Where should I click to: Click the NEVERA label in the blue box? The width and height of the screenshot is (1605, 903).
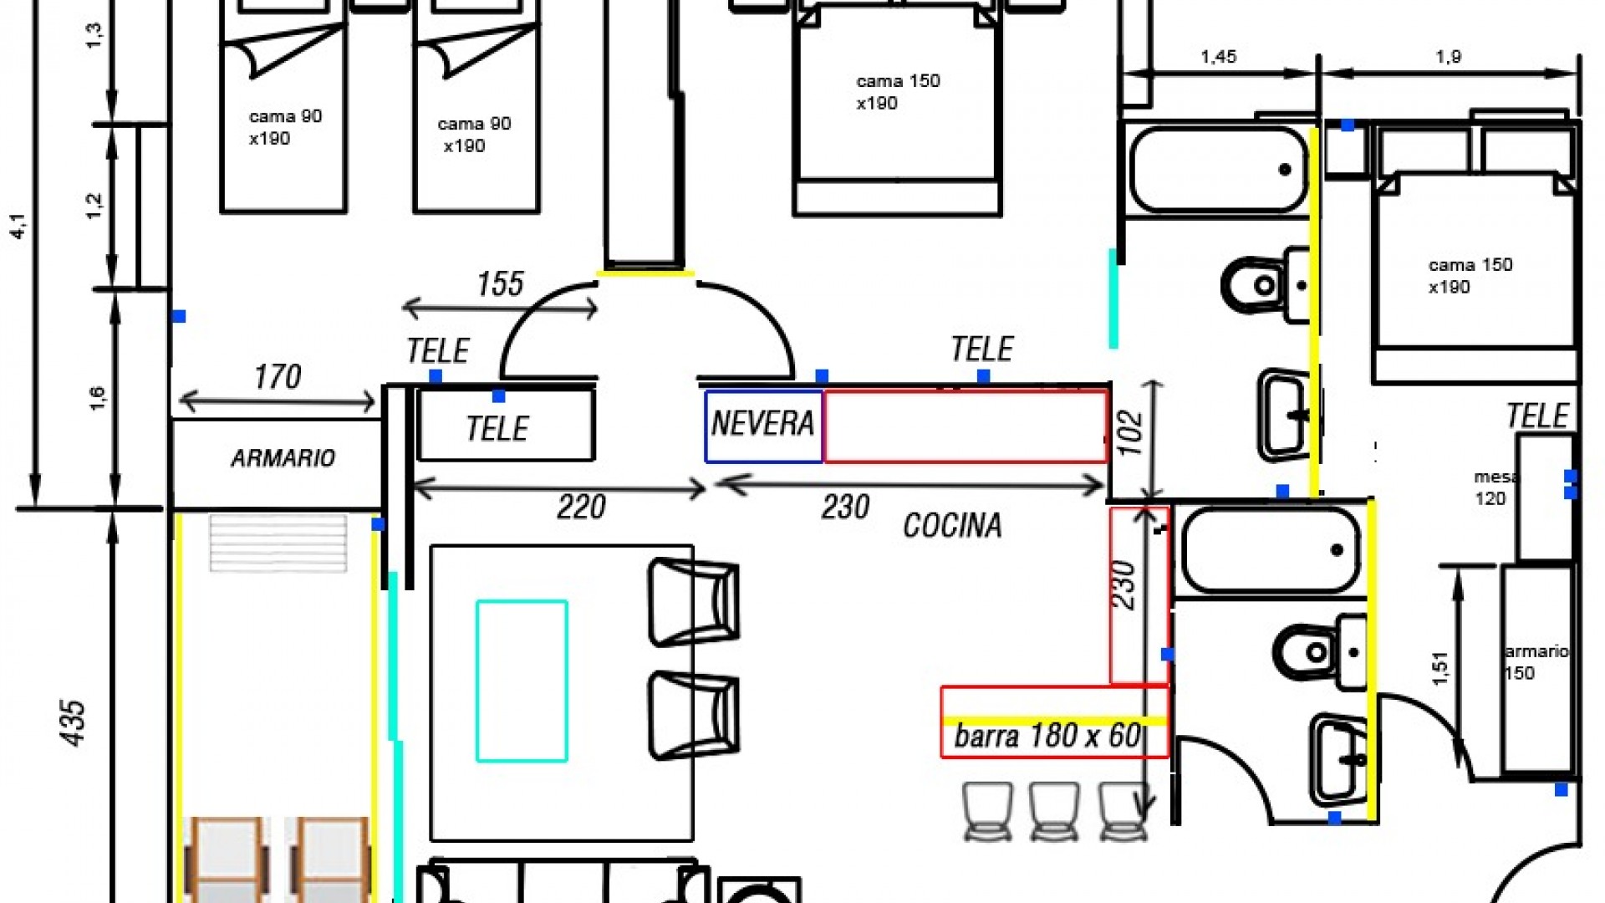tap(762, 424)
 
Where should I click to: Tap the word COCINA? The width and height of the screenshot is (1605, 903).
tap(952, 526)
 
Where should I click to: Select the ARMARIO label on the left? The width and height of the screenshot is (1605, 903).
tap(283, 458)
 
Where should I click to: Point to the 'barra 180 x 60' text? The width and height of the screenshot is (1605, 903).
tap(1047, 737)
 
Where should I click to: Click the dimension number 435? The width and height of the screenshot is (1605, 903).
tap(74, 722)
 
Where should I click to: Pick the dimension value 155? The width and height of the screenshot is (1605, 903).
tap(500, 284)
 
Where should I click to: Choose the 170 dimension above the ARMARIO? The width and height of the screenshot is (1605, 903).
tap(278, 377)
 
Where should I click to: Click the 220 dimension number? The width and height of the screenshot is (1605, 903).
tap(581, 508)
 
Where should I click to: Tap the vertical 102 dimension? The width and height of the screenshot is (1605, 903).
tap(1130, 432)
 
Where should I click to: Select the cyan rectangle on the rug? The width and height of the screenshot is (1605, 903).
tap(522, 681)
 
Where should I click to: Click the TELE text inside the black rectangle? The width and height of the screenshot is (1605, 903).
tap(497, 429)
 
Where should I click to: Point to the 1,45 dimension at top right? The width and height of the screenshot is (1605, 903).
tap(1218, 57)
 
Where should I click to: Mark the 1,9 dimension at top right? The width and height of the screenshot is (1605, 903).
tap(1448, 57)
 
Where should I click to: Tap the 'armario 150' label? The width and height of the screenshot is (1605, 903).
tap(1535, 662)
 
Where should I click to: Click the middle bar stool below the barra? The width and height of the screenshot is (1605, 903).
tap(1054, 810)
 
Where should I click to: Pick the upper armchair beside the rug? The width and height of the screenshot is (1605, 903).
tap(693, 602)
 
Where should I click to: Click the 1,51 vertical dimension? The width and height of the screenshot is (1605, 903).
tap(1439, 668)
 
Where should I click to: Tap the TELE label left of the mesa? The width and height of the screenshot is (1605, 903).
tap(1537, 416)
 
